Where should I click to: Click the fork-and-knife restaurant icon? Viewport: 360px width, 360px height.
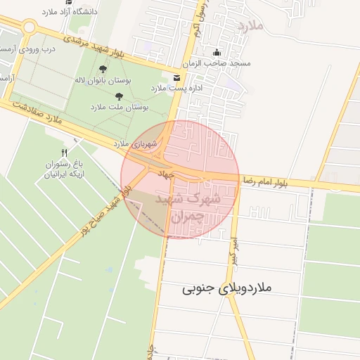pyautogui.click(x=65, y=153)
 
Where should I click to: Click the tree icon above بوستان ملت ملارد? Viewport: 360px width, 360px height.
pyautogui.click(x=119, y=95)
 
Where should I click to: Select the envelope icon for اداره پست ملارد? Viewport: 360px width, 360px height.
pyautogui.click(x=175, y=77)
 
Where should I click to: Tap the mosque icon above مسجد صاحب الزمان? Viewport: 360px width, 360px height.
pyautogui.click(x=217, y=52)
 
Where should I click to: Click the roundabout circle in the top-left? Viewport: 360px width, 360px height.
pyautogui.click(x=29, y=27)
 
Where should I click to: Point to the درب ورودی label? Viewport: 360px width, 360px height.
pyautogui.click(x=39, y=49)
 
